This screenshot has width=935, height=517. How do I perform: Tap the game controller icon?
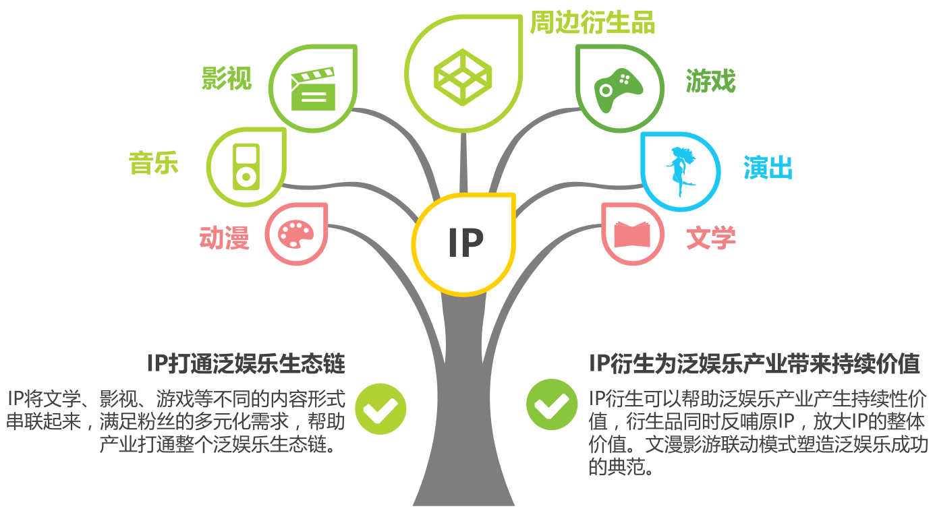(618, 88)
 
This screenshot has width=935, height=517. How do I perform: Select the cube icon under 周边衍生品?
(463, 73)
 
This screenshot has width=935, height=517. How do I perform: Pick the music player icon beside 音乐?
(246, 166)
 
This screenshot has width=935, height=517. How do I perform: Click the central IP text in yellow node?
(465, 243)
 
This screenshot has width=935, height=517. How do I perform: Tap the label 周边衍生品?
(592, 22)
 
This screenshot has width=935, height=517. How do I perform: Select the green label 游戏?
(710, 82)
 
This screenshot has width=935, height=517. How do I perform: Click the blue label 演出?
(768, 167)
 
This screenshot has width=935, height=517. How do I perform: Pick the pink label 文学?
(710, 237)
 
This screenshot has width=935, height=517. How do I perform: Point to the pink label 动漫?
(225, 237)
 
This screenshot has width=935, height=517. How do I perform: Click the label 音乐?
(154, 163)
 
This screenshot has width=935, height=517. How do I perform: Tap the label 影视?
(227, 78)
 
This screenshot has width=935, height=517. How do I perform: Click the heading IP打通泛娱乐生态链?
(246, 364)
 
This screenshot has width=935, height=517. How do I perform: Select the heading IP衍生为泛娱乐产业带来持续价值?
(754, 364)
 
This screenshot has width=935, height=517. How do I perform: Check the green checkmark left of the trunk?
(380, 408)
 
